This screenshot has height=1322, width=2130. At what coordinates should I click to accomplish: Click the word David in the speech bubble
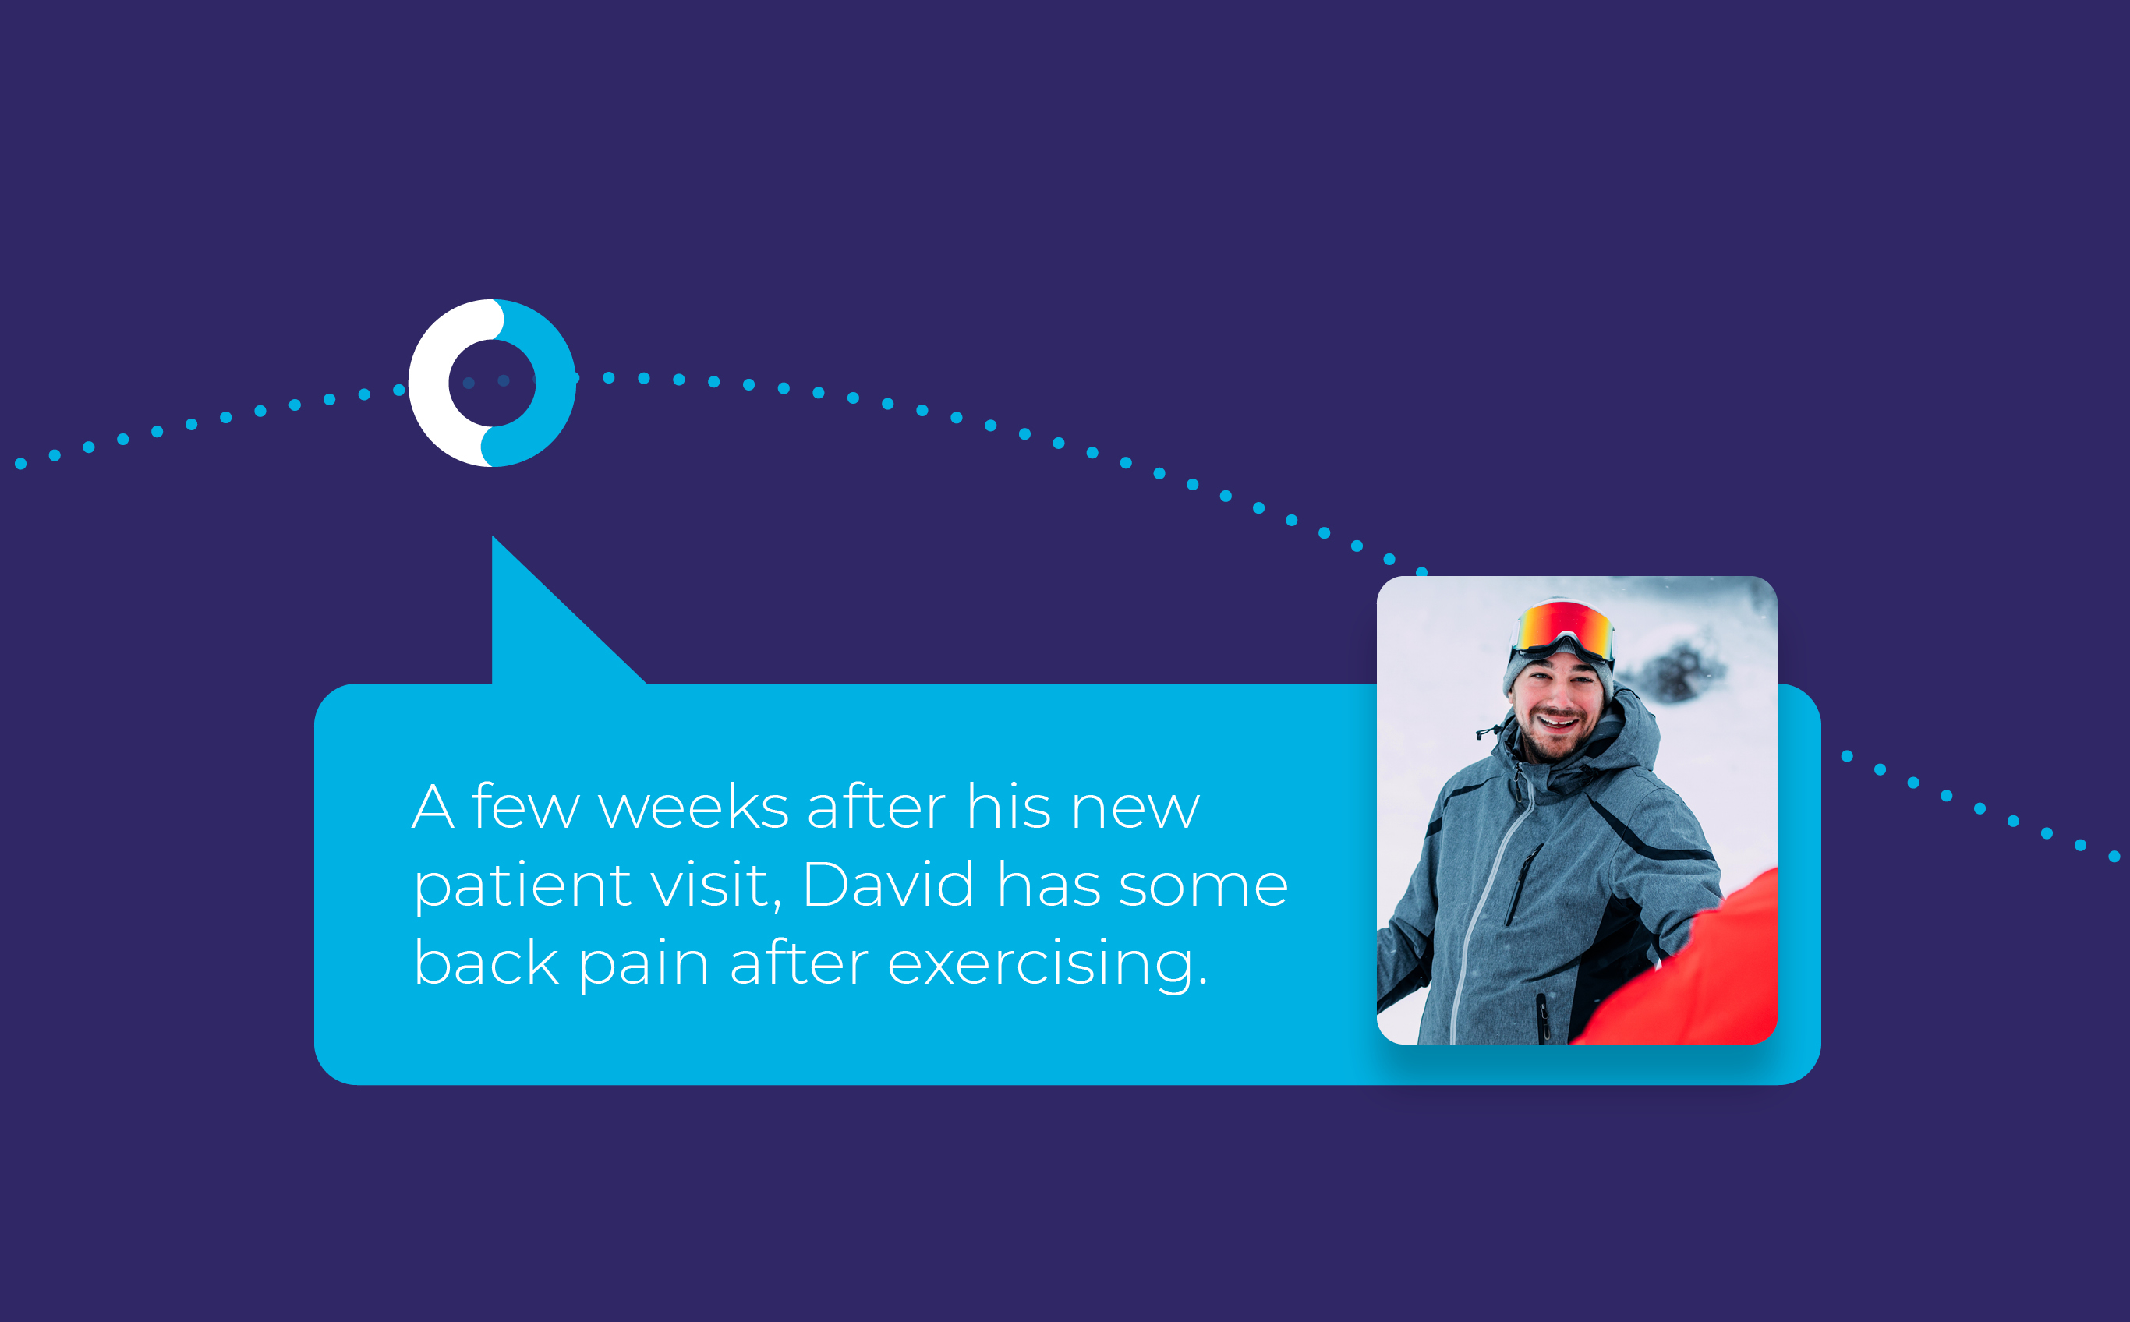point(888,884)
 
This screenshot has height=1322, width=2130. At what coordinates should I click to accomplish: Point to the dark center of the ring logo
point(492,383)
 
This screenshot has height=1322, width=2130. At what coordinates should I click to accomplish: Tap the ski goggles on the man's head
point(1562,630)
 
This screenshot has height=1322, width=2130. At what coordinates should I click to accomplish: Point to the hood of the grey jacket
point(1626,734)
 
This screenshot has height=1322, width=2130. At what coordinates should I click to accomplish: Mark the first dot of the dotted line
point(20,463)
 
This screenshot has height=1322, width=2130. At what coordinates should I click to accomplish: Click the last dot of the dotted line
point(2114,856)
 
